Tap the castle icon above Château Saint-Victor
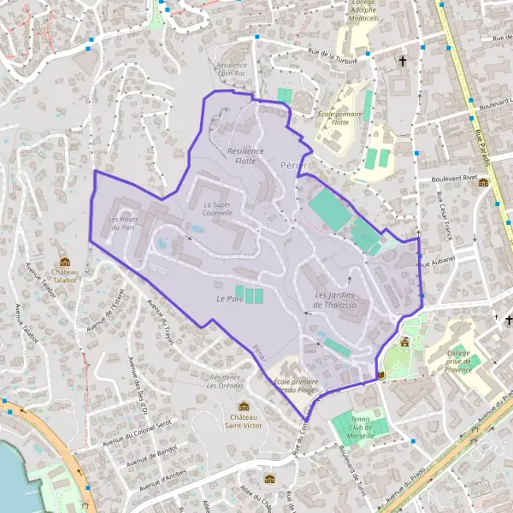(244, 406)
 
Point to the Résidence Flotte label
(246, 156)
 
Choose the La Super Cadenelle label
(218, 209)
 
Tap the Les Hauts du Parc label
(122, 222)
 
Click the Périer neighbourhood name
(292, 162)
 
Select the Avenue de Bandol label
(152, 462)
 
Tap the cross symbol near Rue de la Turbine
(403, 62)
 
